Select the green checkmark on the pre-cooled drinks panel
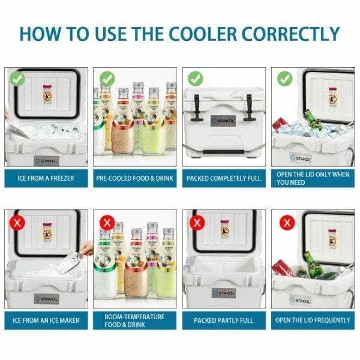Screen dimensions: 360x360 [107, 78]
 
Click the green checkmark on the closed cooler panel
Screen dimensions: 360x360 [196, 78]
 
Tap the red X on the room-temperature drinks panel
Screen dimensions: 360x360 [107, 223]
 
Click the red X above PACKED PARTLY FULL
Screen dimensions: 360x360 [196, 223]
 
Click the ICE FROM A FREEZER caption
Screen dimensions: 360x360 [46, 178]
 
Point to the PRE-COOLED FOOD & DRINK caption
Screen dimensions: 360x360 [135, 178]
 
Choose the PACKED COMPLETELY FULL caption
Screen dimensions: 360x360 [224, 178]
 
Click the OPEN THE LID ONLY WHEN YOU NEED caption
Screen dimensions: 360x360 [313, 178]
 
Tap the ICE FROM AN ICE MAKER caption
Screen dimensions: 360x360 [46, 320]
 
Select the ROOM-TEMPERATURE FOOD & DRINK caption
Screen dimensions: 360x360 [135, 320]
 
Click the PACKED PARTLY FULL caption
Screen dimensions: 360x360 [224, 320]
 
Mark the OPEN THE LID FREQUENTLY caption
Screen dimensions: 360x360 [313, 320]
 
